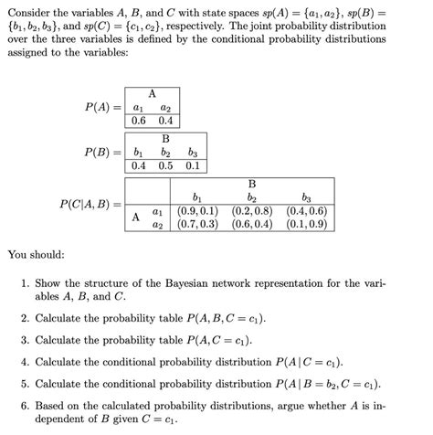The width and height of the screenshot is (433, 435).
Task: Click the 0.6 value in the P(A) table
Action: point(139,122)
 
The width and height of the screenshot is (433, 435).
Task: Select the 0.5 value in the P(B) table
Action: point(165,165)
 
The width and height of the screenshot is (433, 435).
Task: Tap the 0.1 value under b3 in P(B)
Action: point(192,165)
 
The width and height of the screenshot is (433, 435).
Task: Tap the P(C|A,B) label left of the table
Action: point(90,205)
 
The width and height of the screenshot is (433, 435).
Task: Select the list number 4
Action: point(25,360)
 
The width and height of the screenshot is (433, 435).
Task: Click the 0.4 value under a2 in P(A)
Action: point(165,122)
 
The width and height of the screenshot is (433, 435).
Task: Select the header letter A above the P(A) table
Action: point(152,93)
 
